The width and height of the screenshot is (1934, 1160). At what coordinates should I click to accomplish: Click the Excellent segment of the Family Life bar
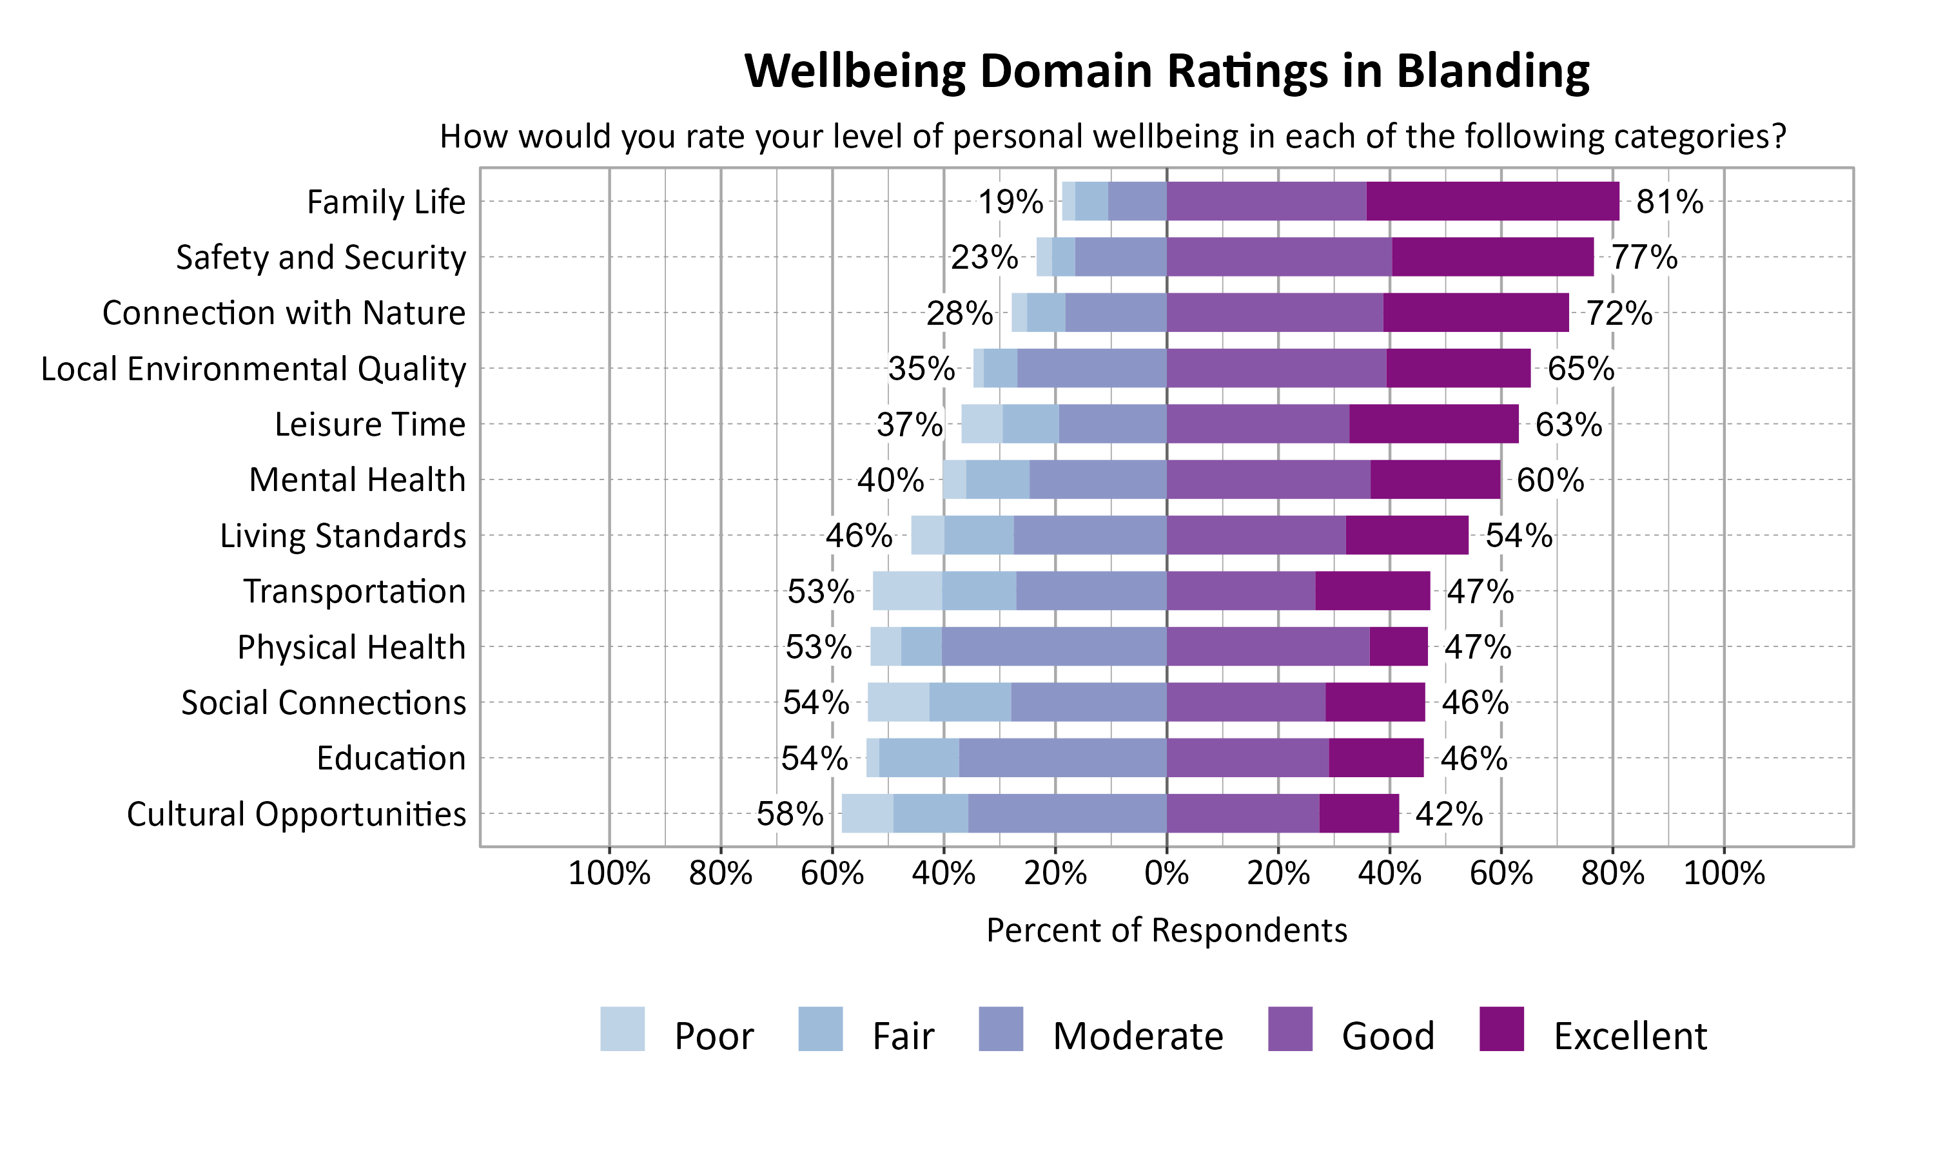(1492, 201)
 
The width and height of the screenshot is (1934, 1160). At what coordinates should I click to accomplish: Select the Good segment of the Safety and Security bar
(1279, 256)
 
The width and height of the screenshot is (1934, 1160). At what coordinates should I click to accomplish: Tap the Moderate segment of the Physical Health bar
(1054, 646)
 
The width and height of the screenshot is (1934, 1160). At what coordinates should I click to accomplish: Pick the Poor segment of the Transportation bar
(907, 591)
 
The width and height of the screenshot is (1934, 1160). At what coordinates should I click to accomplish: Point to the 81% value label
(1669, 202)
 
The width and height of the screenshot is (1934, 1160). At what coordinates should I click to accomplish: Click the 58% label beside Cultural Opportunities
(789, 815)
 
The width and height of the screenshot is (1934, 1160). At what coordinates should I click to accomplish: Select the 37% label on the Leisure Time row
(909, 425)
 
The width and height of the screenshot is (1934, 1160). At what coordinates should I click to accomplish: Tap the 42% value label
(1449, 815)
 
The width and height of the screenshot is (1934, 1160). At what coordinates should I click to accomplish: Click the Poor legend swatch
(622, 1029)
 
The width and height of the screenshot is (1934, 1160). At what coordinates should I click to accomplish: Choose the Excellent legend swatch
(1501, 1029)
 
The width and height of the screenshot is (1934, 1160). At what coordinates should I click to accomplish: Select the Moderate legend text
(1137, 1036)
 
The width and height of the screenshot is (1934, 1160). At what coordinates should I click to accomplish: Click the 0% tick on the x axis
(1166, 873)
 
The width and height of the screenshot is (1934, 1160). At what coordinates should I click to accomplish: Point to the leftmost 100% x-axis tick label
(609, 873)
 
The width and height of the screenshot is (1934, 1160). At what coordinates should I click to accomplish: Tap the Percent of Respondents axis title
(1166, 930)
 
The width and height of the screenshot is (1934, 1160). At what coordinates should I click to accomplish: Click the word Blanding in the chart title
(1492, 71)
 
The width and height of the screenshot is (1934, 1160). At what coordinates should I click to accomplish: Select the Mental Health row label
(357, 480)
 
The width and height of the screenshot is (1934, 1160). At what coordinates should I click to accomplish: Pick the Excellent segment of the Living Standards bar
(1406, 536)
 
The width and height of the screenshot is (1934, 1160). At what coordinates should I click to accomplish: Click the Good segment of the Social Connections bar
(1246, 702)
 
